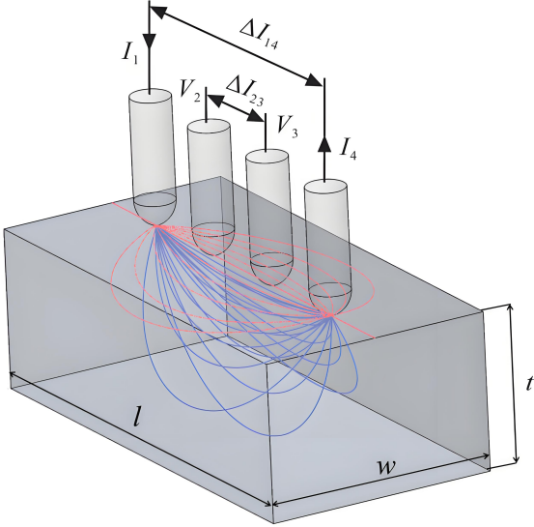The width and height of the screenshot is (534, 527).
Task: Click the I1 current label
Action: pyautogui.click(x=130, y=53)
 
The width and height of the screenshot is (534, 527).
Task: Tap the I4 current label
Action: pyautogui.click(x=348, y=149)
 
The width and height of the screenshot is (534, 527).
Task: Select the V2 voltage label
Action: pyautogui.click(x=190, y=90)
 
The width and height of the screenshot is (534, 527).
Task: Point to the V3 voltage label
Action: pyautogui.click(x=287, y=126)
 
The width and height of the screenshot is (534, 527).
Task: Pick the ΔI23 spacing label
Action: pyautogui.click(x=244, y=91)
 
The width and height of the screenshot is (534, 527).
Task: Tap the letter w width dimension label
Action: pyautogui.click(x=386, y=466)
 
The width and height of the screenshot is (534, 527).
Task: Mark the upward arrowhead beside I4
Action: pyautogui.click(x=324, y=144)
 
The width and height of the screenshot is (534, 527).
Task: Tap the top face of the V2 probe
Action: pyautogui.click(x=209, y=126)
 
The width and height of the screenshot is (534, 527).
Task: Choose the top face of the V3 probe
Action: pyautogui.click(x=267, y=156)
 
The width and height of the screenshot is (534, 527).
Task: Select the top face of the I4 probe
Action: pyautogui.click(x=325, y=187)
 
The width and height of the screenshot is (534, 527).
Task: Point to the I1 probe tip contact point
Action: pyautogui.click(x=157, y=225)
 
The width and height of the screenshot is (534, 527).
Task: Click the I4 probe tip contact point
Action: pyautogui.click(x=329, y=315)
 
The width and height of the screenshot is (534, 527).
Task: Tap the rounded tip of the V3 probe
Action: pyautogui.click(x=272, y=266)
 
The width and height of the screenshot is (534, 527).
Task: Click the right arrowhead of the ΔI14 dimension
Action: pyautogui.click(x=314, y=81)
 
